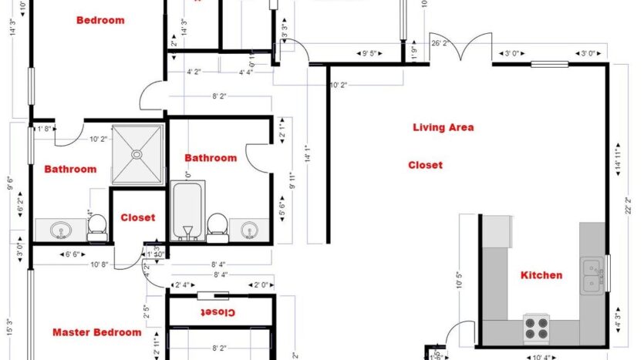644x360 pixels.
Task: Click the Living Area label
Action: (x=443, y=127)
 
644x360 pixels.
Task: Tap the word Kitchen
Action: (x=541, y=275)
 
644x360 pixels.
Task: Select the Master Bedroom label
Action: (x=96, y=332)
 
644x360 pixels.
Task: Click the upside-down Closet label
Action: (x=219, y=312)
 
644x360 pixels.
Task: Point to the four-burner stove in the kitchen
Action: (x=537, y=327)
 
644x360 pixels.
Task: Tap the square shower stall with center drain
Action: (x=137, y=154)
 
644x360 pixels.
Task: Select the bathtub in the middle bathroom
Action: (x=186, y=210)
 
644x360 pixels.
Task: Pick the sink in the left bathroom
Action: (x=61, y=230)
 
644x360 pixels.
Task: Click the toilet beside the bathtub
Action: (x=217, y=226)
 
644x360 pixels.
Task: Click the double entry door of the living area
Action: (x=471, y=48)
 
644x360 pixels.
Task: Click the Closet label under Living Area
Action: (x=425, y=165)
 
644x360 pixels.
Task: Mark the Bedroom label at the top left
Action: (x=100, y=20)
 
